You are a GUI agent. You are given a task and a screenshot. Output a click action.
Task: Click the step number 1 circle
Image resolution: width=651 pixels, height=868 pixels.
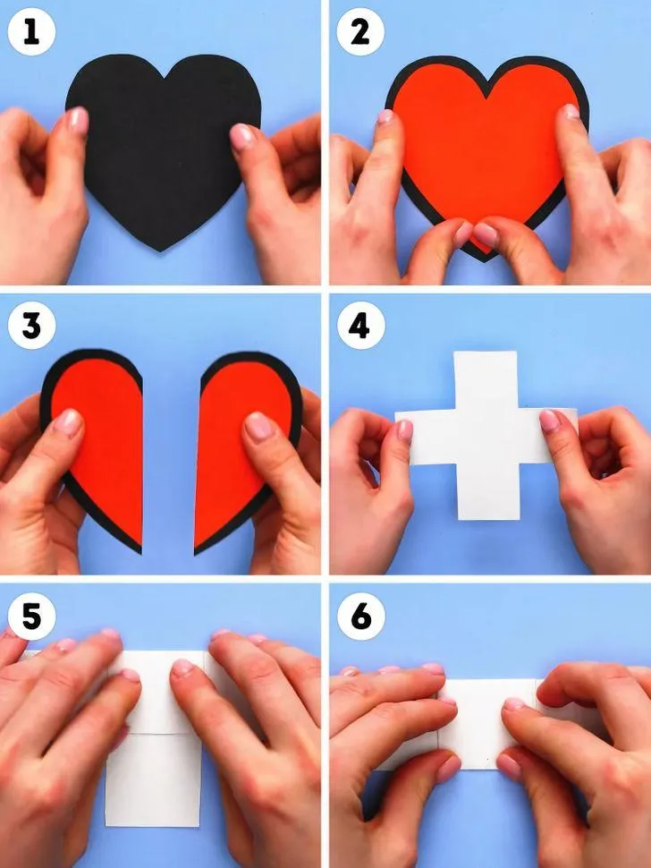31,32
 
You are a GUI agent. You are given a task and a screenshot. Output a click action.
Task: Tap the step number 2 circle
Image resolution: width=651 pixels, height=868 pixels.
360,32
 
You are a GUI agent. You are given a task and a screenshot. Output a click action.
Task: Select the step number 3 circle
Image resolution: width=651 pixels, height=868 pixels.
31,325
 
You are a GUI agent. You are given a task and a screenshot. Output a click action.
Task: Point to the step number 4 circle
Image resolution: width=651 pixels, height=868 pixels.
360,325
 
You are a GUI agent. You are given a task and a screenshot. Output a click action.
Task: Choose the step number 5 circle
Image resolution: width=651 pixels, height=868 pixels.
31,617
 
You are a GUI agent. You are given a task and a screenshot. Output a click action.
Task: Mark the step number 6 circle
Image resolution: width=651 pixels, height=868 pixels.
360,617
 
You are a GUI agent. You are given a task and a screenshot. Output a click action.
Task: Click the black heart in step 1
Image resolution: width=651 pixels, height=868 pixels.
163,149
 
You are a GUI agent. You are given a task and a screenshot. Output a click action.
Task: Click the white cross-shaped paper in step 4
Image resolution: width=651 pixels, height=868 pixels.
486,436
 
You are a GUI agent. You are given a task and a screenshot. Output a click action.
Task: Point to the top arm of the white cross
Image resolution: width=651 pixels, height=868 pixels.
486,381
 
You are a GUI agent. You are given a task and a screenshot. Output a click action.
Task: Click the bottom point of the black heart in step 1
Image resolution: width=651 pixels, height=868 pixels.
160,251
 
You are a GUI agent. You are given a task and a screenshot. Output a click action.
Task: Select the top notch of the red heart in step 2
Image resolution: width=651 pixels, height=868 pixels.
486,98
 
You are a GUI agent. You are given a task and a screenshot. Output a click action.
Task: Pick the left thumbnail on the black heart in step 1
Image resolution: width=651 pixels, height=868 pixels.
77,120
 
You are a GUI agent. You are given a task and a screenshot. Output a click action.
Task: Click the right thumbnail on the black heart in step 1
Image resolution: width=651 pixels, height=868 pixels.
241,137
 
